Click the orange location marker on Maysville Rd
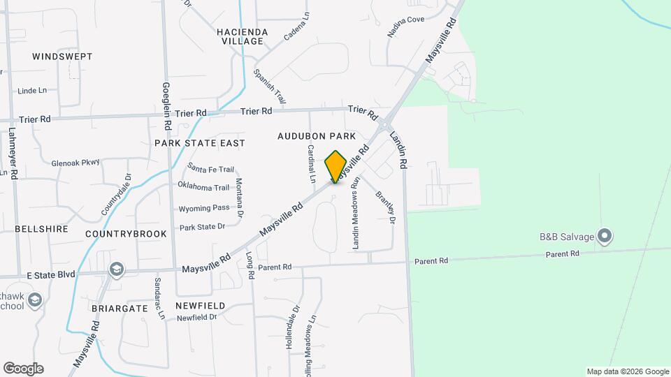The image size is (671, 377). click(x=336, y=166)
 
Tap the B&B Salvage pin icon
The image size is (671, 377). click(x=606, y=236)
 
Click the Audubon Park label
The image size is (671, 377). click(x=317, y=136)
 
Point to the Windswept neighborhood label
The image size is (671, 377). click(x=62, y=56)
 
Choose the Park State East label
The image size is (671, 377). click(x=200, y=143)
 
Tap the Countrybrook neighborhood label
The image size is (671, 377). click(x=127, y=234)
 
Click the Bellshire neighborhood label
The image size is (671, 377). click(x=41, y=229)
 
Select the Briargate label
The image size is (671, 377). click(x=119, y=307)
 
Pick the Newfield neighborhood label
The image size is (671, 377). click(x=200, y=306)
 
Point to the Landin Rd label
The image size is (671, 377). click(x=398, y=148)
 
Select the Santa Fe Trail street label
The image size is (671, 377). click(x=211, y=169)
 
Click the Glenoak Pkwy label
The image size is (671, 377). click(x=76, y=163)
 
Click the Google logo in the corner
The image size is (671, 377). click(x=23, y=369)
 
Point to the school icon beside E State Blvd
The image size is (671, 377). click(x=116, y=269)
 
